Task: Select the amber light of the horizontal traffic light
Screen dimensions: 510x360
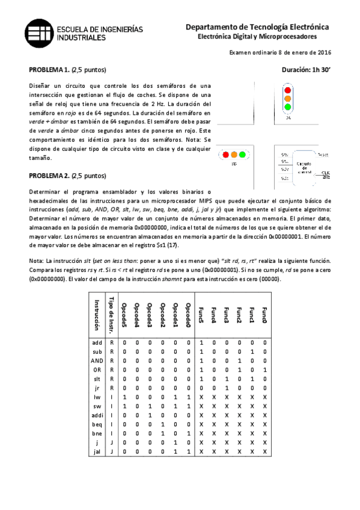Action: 234,155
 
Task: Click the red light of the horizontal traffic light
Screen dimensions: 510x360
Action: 226,155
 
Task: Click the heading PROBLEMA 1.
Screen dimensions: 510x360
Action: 49,69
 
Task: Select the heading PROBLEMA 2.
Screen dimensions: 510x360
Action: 49,176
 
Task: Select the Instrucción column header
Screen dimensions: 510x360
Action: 97,313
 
